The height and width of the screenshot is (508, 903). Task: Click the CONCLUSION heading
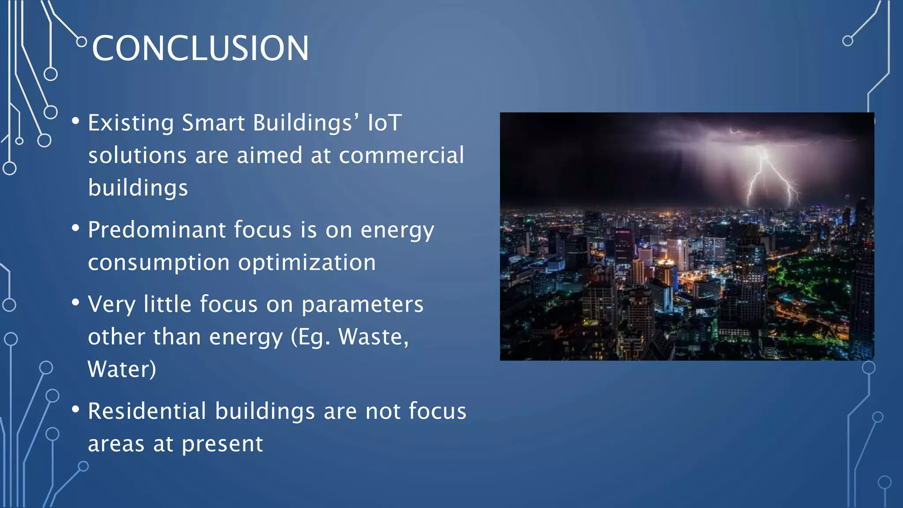pos(200,48)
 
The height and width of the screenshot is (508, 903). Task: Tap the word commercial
pos(401,155)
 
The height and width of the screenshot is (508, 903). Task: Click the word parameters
pos(362,304)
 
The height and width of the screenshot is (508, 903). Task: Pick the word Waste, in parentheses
pos(373,337)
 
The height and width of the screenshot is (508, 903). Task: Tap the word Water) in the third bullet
pos(122,370)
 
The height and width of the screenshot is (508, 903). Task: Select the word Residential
pos(147,411)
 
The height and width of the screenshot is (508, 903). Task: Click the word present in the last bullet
pos(222,444)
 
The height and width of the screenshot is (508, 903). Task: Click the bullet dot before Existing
pos(76,120)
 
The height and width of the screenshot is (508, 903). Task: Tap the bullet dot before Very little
pos(76,302)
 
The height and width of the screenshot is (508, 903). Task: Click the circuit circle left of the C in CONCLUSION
pos(82,42)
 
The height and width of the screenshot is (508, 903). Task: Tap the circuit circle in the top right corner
pos(847,41)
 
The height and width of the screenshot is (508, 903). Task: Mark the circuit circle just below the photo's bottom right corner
pos(869,367)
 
